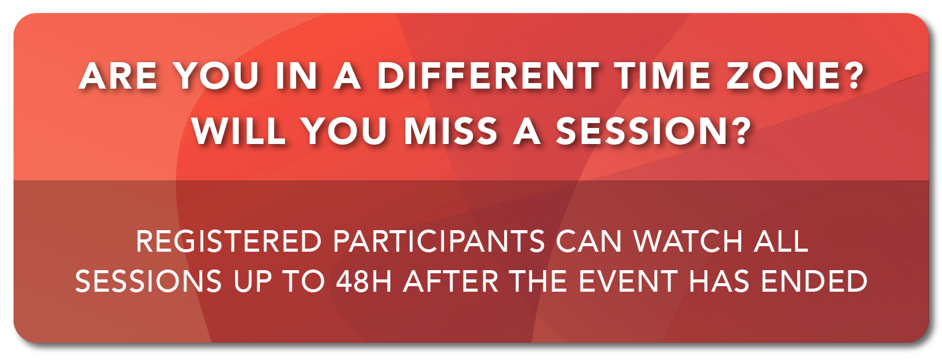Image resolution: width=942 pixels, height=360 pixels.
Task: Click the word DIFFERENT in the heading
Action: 488,76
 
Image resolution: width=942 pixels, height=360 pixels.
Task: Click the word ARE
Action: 118,76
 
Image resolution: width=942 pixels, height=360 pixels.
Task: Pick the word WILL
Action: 239,131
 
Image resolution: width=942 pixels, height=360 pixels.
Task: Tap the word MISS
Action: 451,131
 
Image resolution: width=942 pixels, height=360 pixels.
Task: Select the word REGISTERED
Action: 229,241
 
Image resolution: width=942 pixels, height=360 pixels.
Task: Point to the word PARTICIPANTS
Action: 439,241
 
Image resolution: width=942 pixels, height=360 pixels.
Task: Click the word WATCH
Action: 688,241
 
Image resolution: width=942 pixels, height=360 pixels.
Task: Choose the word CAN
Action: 589,241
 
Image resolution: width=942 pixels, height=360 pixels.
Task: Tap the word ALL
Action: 781,241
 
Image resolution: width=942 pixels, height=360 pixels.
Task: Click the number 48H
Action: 364,281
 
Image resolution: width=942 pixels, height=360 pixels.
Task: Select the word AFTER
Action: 451,281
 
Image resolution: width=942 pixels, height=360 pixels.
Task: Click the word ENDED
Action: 815,281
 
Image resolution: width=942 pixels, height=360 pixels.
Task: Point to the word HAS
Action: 719,281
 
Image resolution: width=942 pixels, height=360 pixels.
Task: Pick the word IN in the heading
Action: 297,76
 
